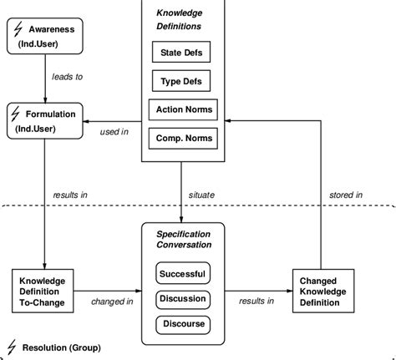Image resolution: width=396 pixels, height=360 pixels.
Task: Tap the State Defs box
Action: coord(180,54)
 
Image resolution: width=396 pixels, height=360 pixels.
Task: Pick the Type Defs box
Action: coord(180,82)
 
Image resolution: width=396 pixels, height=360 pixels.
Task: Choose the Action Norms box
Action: coord(180,109)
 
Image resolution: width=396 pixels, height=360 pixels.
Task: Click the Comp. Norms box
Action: coord(180,137)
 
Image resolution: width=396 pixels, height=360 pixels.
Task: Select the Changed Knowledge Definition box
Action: coord(322,292)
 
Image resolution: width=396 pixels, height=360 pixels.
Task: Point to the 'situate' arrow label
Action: coord(201,195)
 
